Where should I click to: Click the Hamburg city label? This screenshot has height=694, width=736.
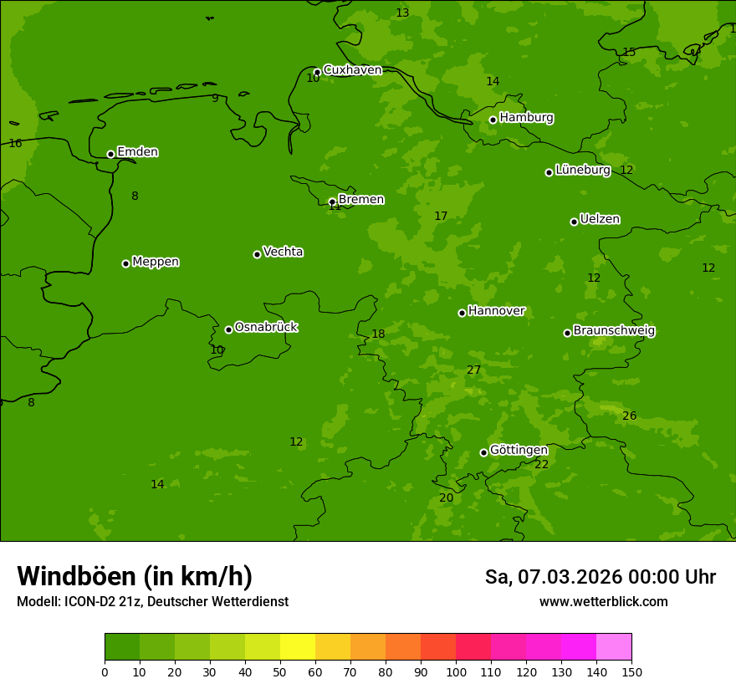(526, 118)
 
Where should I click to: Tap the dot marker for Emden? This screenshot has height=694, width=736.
(110, 154)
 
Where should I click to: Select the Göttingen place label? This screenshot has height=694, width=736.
(519, 450)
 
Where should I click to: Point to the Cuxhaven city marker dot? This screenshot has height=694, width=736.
(317, 72)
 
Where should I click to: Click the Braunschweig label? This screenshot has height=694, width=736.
(614, 331)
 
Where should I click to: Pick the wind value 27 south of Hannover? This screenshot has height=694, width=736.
(474, 370)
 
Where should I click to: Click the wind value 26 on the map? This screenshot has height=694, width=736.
(630, 416)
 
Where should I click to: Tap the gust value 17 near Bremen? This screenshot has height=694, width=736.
(441, 216)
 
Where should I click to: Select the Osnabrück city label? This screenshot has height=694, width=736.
(266, 327)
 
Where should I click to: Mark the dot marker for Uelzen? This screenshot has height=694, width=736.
(574, 222)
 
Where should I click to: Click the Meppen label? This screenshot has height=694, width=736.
(156, 262)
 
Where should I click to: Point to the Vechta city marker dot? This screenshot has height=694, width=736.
(257, 254)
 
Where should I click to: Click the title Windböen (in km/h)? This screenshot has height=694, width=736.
(135, 576)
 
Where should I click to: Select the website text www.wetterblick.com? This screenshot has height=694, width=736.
(603, 601)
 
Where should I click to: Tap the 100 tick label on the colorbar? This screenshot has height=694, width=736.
(456, 671)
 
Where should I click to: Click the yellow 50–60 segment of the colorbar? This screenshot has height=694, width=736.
(298, 647)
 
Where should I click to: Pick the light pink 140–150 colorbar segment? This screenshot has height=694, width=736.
(614, 647)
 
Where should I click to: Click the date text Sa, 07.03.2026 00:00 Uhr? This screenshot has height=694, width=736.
(600, 577)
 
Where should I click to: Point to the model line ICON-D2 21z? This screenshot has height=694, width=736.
(152, 601)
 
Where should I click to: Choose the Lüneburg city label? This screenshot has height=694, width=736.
(583, 170)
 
